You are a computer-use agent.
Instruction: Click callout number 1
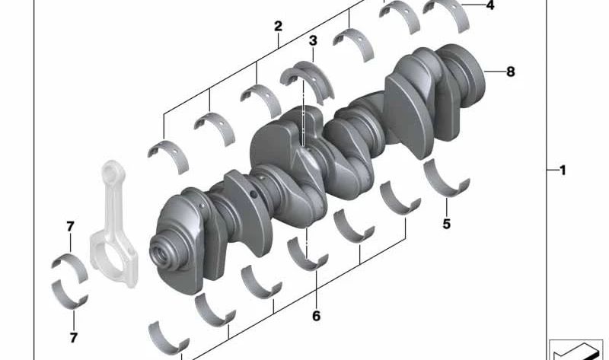(563, 170)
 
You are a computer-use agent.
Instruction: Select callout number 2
(278, 26)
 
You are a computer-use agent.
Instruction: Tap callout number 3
(313, 40)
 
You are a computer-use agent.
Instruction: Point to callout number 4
(489, 5)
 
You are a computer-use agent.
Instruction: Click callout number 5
(447, 224)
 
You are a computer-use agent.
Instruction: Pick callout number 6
(316, 315)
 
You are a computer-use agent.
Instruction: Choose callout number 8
(510, 72)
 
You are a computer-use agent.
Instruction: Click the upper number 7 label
(70, 226)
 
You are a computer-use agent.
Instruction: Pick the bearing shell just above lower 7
(70, 293)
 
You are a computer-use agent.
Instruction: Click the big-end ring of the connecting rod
(109, 255)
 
